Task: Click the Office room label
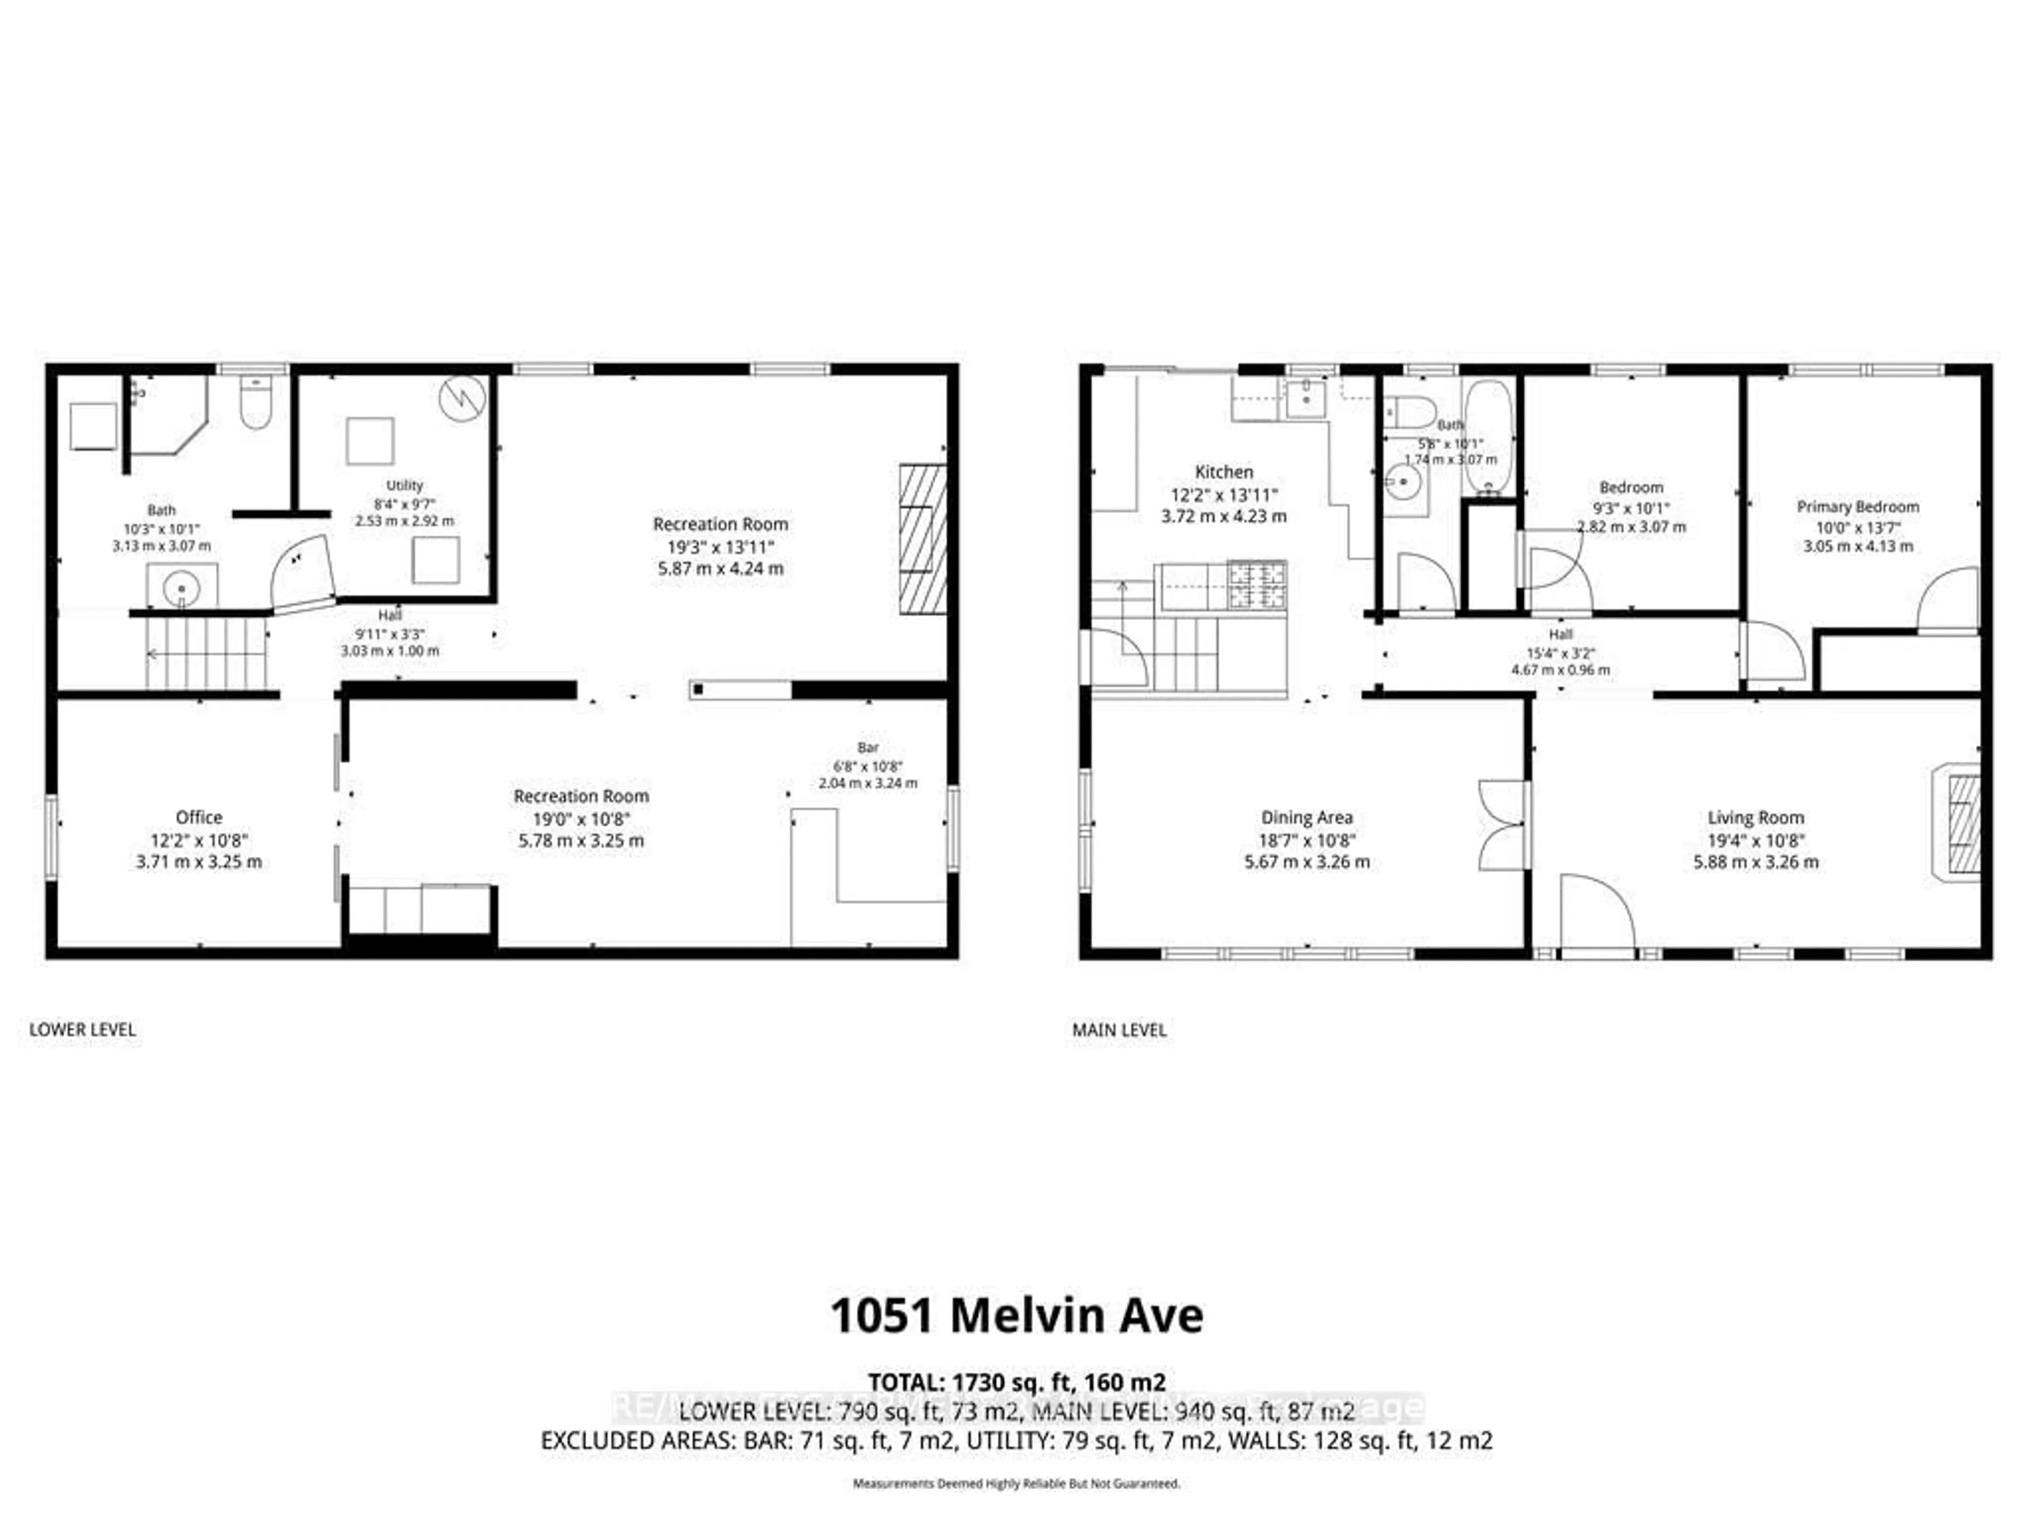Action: pyautogui.click(x=198, y=817)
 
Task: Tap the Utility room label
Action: pyautogui.click(x=404, y=485)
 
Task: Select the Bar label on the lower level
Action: pyautogui.click(x=868, y=747)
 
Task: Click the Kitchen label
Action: pyautogui.click(x=1223, y=471)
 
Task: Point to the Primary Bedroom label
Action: pyautogui.click(x=1857, y=506)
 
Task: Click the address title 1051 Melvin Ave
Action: pyautogui.click(x=1016, y=1317)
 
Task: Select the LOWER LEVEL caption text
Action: pyautogui.click(x=83, y=1030)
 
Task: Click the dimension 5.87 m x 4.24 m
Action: pyautogui.click(x=720, y=569)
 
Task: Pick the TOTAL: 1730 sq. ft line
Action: pyautogui.click(x=1016, y=1382)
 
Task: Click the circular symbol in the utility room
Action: pyautogui.click(x=462, y=398)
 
